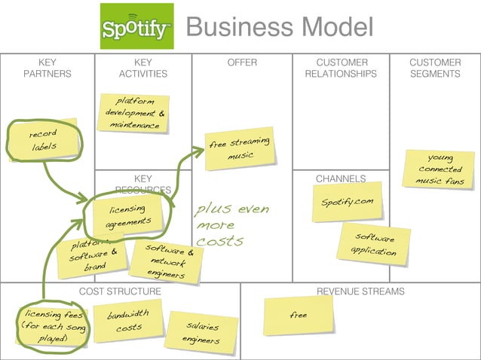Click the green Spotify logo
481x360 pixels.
(x=136, y=26)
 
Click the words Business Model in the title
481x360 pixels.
(x=279, y=27)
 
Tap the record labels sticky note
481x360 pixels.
(x=44, y=140)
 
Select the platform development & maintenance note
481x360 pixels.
(x=133, y=113)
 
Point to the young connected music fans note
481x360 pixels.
(x=440, y=169)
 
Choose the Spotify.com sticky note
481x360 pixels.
(x=347, y=203)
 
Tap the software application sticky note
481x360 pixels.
(x=375, y=244)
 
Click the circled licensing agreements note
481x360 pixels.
(x=124, y=216)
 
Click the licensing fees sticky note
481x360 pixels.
(x=51, y=326)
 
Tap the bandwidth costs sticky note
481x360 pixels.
(x=127, y=321)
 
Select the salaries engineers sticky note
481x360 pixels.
(x=202, y=333)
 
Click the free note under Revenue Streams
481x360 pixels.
(x=299, y=315)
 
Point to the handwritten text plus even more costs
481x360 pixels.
(x=231, y=224)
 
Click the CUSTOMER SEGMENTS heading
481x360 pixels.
(x=435, y=68)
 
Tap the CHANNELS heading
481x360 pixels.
(x=341, y=178)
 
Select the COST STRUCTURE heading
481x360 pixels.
(x=120, y=291)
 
